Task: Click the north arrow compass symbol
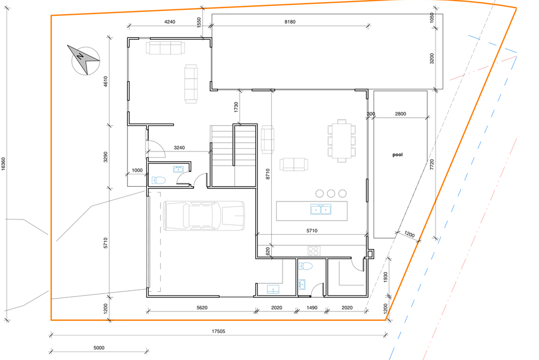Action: click(x=84, y=60)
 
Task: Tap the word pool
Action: click(x=397, y=155)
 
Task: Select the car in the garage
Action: click(x=204, y=216)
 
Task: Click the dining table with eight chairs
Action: click(x=341, y=141)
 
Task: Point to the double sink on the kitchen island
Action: click(x=321, y=209)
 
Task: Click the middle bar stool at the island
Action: click(x=330, y=193)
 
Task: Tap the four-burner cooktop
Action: click(x=314, y=251)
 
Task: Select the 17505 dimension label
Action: click(x=218, y=332)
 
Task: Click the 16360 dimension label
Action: click(x=3, y=164)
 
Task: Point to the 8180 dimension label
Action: click(x=290, y=22)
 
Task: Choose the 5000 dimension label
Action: click(x=99, y=347)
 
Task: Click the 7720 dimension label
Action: click(x=432, y=164)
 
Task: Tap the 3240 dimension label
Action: click(x=179, y=148)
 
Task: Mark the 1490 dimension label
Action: click(x=312, y=308)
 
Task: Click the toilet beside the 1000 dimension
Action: click(x=159, y=180)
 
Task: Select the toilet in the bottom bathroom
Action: click(x=305, y=266)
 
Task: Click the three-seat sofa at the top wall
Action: click(x=166, y=48)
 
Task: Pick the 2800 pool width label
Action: click(x=401, y=114)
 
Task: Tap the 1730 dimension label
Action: click(x=236, y=107)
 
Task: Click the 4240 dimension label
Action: click(x=169, y=22)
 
